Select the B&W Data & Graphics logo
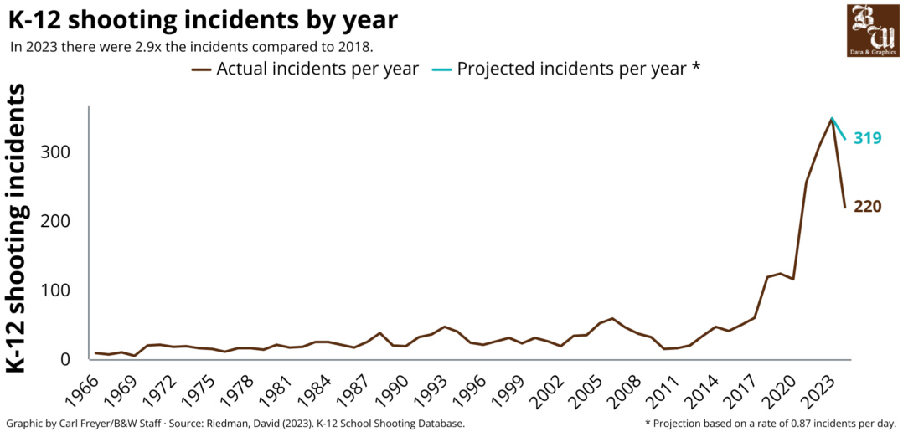coord(873,30)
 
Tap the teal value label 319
coord(867,138)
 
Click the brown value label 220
coord(867,206)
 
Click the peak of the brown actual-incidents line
coord(831,119)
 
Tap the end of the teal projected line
coord(844,138)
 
